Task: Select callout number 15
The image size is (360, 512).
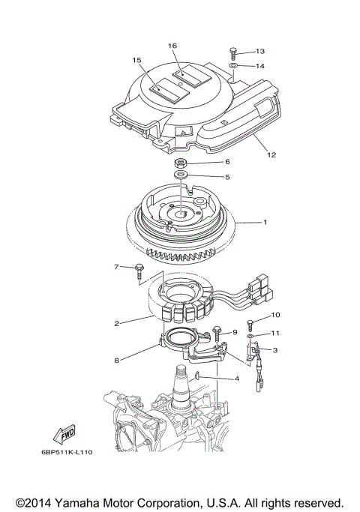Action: [137, 60]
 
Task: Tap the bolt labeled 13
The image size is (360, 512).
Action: [234, 53]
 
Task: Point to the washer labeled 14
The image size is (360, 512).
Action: [234, 67]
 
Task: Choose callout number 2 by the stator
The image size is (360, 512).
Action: [116, 324]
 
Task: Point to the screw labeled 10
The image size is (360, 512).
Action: [250, 325]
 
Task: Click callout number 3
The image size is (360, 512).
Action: [275, 349]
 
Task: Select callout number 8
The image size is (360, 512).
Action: [116, 361]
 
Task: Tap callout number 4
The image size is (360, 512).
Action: [237, 379]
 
